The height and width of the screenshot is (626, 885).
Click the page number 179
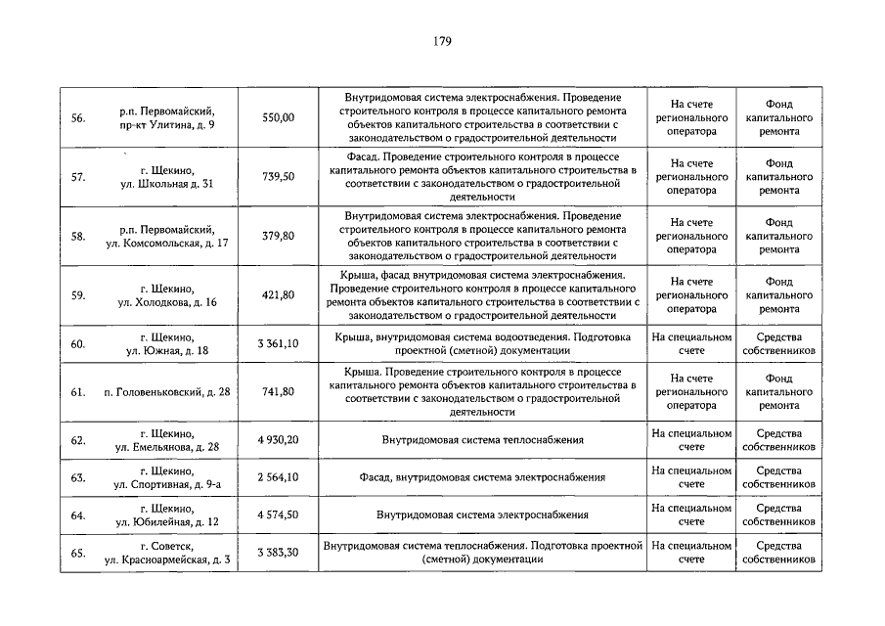pos(441,41)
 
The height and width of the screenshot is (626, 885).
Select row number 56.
pos(78,117)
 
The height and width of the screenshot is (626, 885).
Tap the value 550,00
pos(278,117)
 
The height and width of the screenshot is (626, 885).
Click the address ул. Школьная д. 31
pos(166,184)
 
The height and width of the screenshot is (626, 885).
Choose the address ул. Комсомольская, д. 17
pos(166,243)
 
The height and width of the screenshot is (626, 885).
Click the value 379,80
pos(278,236)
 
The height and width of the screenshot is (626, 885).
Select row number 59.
pos(78,295)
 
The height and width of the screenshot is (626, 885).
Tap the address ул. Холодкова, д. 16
pos(167,302)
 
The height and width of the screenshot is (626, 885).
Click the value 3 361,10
pos(278,343)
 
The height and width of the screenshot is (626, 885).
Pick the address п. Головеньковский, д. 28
pos(166,392)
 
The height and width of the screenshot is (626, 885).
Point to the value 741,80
pos(278,392)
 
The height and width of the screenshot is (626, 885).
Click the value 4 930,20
pos(278,440)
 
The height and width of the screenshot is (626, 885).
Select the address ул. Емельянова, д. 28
pos(167,447)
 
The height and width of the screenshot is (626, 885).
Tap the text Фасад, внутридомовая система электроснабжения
pos(482,477)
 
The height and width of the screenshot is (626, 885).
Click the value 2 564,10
pos(278,477)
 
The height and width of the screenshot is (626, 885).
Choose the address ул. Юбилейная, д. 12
pos(167,522)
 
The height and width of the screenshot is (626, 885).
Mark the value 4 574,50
pos(278,514)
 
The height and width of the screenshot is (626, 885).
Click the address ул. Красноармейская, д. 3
pos(166,559)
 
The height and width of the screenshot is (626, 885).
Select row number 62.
pos(78,440)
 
